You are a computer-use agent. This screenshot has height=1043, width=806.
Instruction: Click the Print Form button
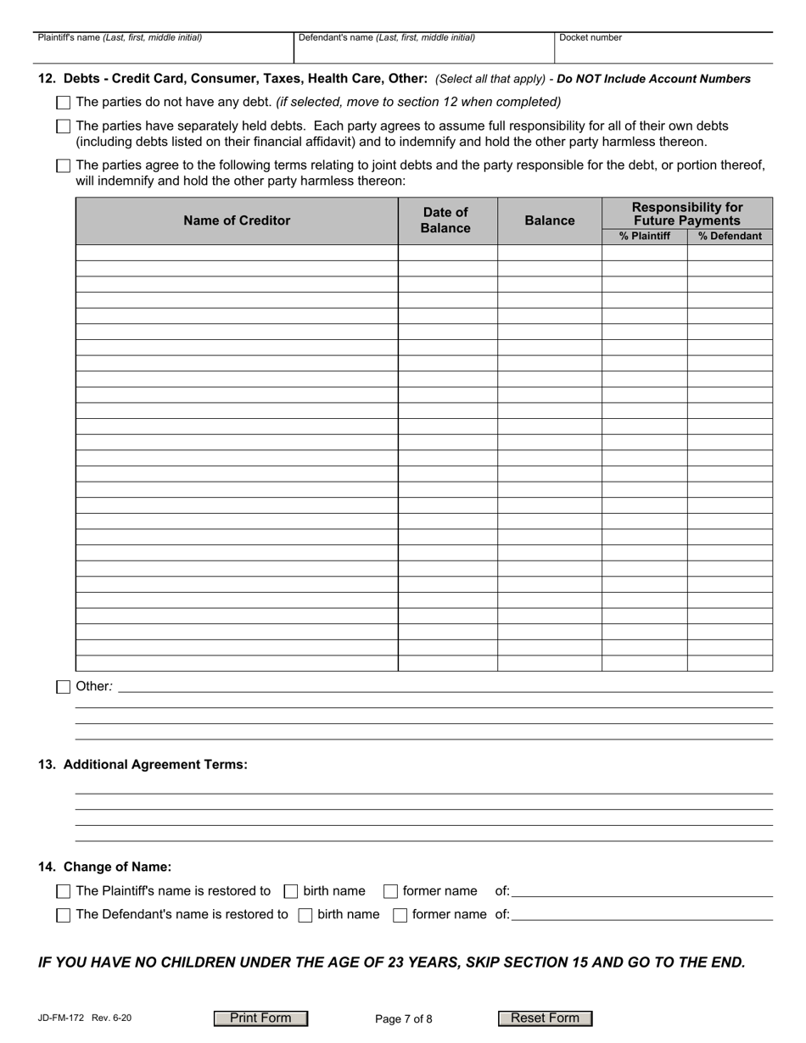pos(260,1018)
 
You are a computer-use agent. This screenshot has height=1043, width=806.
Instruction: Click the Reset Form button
pos(545,1018)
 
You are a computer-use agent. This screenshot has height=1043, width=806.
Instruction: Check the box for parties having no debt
pos(63,103)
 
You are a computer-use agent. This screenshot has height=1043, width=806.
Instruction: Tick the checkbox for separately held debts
pos(63,126)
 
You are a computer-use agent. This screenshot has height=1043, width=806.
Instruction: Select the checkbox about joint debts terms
pos(63,166)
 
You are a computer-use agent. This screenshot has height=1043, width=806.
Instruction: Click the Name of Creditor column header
pos(237,220)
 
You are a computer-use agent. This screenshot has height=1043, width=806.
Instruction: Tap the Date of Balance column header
pos(446,220)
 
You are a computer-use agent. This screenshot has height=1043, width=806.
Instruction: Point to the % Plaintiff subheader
pos(644,237)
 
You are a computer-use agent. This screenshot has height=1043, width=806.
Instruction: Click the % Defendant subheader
pos(730,237)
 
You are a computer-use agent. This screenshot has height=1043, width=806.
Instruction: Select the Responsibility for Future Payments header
pos(686,214)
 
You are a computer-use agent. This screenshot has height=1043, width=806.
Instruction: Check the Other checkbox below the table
pos(63,687)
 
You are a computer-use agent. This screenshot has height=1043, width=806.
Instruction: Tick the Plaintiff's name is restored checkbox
pos(63,891)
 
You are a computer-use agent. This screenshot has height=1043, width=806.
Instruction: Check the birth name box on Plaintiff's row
pos(291,891)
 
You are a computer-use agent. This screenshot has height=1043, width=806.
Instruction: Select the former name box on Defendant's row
pos(400,915)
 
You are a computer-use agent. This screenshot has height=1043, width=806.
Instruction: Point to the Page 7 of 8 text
pos(403,1019)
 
